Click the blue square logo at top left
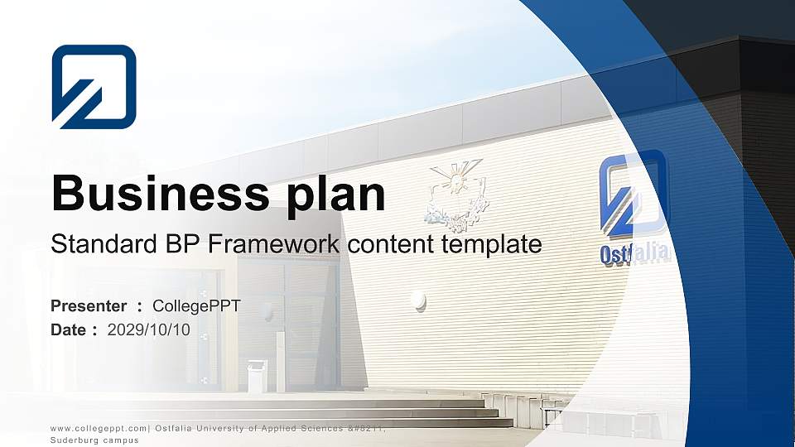pos(94,87)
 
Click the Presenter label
pos(89,306)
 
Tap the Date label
pos(69,330)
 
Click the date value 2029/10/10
pos(149,330)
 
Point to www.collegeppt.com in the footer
pos(99,428)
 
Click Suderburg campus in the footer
pos(94,440)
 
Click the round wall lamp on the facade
pos(419,300)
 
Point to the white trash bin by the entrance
pos(257,376)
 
